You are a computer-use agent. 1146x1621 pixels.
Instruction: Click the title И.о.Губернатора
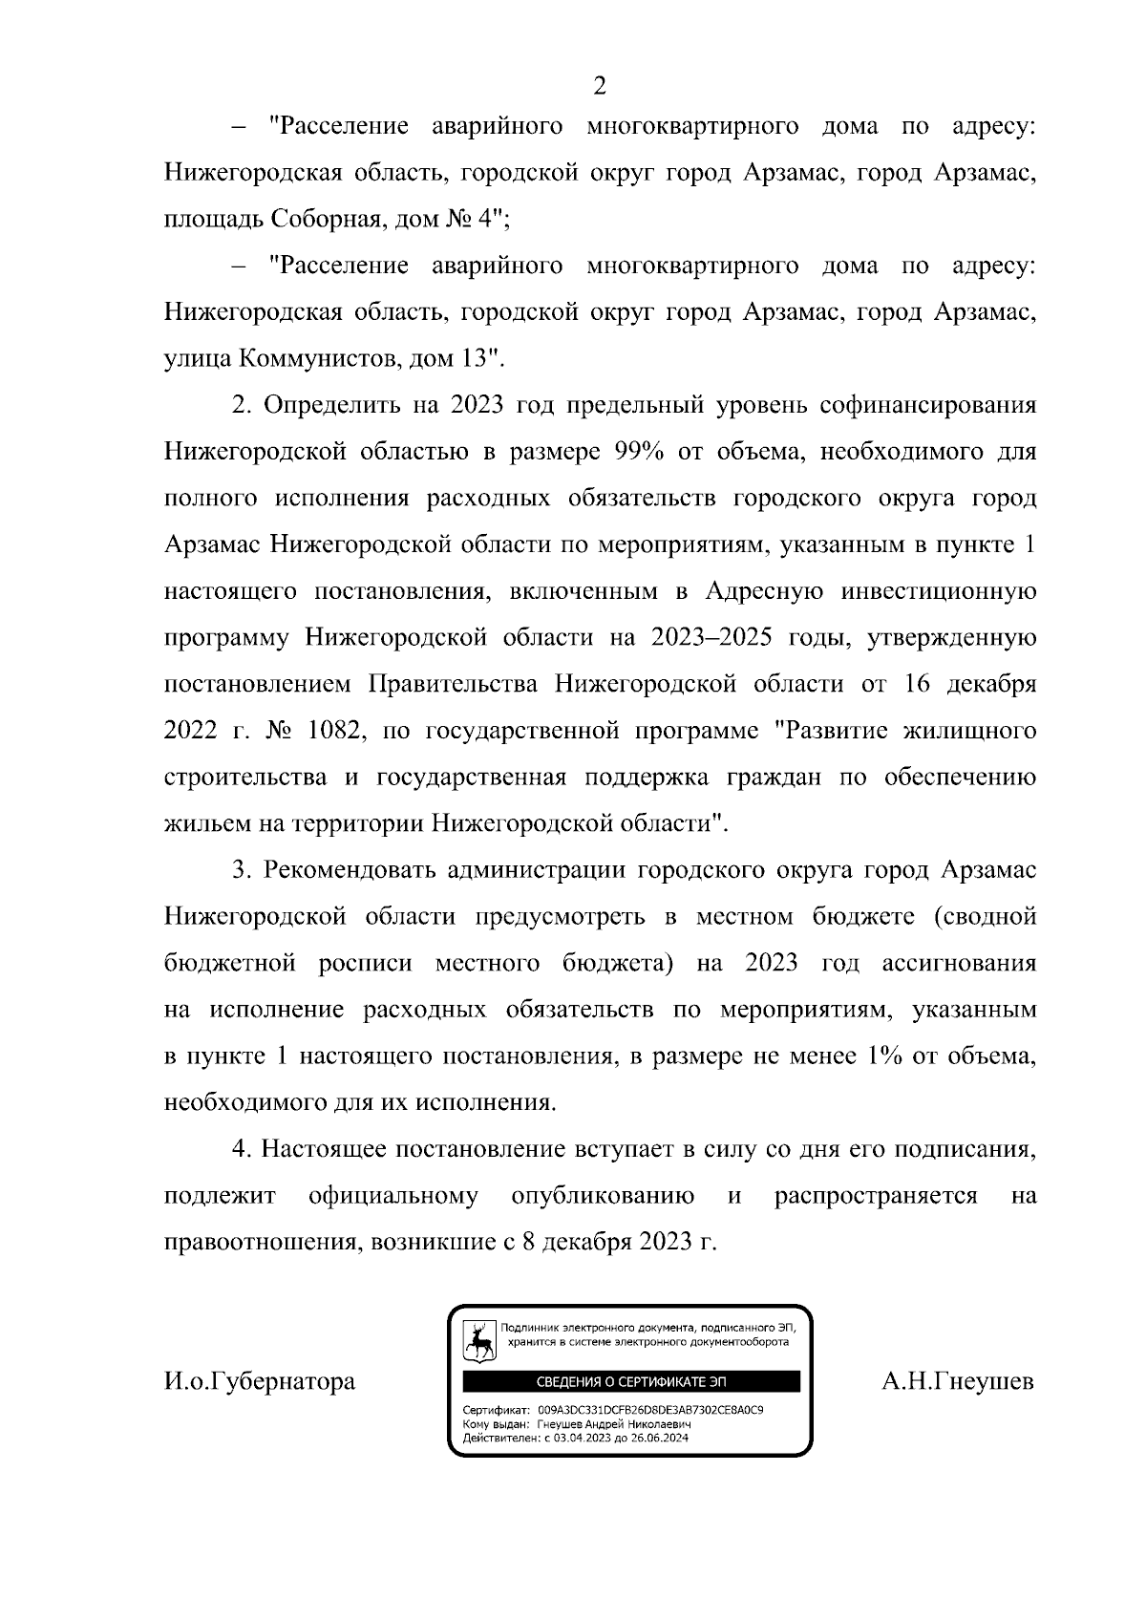(260, 1381)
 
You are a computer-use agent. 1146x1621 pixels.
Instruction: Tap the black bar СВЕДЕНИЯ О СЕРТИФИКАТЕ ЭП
(630, 1382)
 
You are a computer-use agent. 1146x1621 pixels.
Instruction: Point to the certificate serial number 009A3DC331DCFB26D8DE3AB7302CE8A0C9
(649, 1410)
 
